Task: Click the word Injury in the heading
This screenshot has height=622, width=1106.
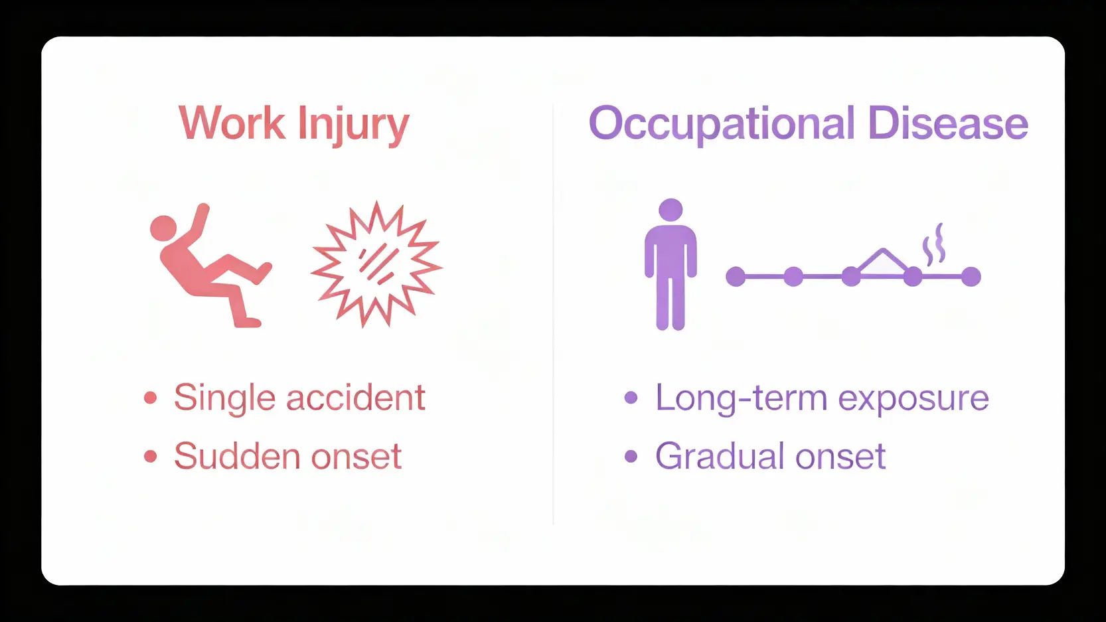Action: [x=354, y=126]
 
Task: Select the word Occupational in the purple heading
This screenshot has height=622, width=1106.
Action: [x=722, y=126]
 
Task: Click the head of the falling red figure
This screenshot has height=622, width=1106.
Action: [x=163, y=228]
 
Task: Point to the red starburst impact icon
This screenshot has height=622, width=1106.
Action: [x=376, y=264]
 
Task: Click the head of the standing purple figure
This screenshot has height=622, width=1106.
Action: [x=671, y=210]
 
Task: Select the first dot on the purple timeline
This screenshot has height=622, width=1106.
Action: [x=736, y=276]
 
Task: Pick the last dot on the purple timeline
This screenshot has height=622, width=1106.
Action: [x=971, y=276]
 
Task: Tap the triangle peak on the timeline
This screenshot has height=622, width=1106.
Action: [x=883, y=250]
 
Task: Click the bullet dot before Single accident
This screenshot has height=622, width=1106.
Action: [x=151, y=398]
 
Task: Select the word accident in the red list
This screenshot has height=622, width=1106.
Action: [x=356, y=398]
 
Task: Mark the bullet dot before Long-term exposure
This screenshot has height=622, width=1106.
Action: [x=631, y=398]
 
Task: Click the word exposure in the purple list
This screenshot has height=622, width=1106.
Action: [x=913, y=400]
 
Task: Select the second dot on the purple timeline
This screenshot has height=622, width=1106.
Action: [x=793, y=276]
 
